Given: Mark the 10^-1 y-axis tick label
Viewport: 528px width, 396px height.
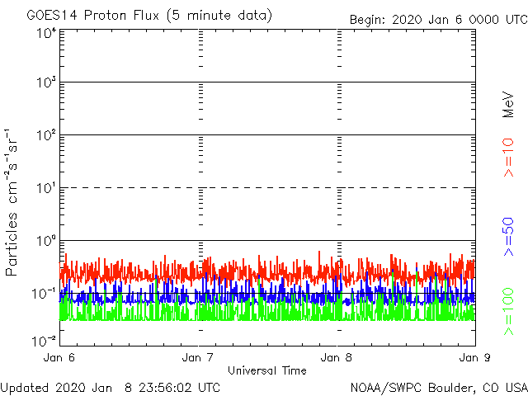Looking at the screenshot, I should coord(45,293).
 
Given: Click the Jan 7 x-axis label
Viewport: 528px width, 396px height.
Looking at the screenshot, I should coord(199,358).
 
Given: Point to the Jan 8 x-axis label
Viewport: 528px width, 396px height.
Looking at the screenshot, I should coord(337,358).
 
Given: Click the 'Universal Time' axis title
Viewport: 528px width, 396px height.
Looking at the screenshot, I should coord(266,370).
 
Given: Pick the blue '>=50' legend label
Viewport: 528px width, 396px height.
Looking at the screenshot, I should coord(508,238).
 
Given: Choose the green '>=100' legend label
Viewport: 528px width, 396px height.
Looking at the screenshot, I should coord(508,311).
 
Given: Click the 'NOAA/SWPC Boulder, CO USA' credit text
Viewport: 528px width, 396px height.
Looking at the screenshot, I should coord(438,387).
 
